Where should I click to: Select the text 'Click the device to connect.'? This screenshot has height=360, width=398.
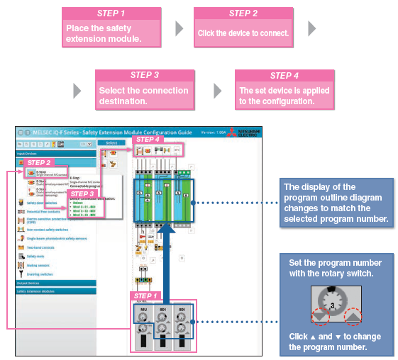pyautogui.click(x=243, y=33)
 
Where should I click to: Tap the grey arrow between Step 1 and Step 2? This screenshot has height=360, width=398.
pyautogui.click(x=179, y=29)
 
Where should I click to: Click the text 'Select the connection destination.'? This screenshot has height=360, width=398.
pyautogui.click(x=143, y=96)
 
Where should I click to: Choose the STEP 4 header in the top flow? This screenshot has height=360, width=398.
pyautogui.click(x=284, y=75)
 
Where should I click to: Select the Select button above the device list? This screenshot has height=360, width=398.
pyautogui.click(x=111, y=143)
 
